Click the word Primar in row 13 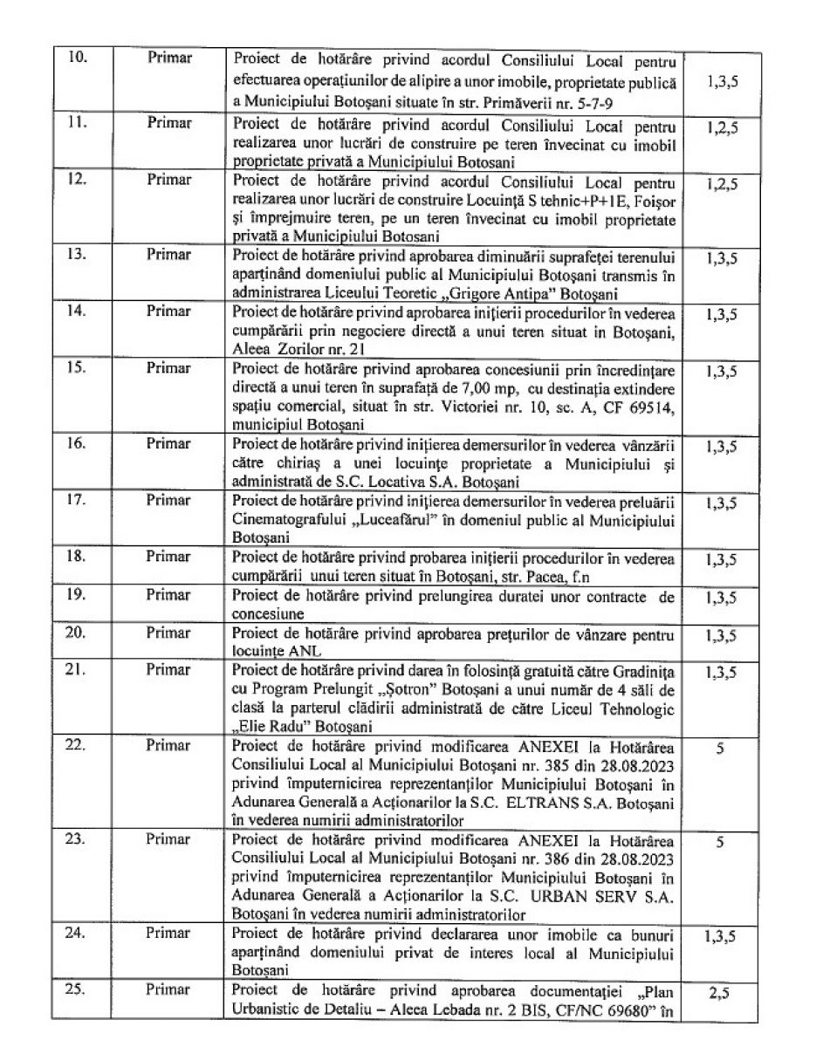[168, 255]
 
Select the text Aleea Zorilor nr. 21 [289, 348]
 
